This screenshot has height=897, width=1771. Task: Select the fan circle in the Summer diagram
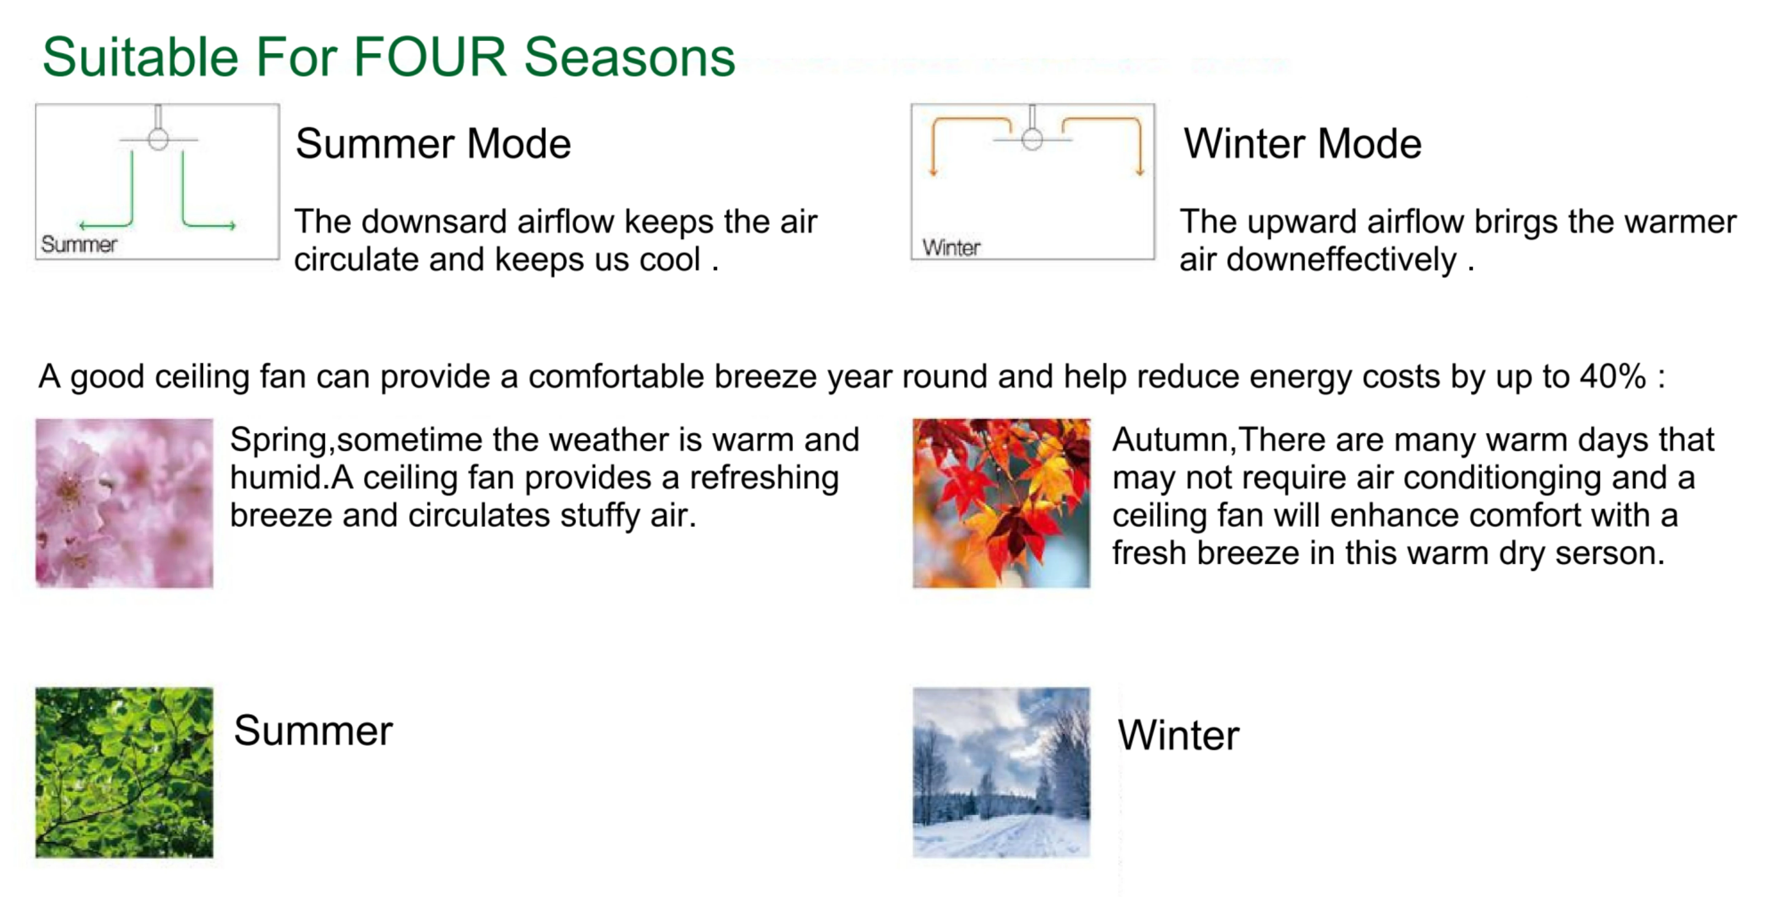[x=158, y=140]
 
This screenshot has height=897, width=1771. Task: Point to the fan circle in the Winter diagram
[x=1032, y=140]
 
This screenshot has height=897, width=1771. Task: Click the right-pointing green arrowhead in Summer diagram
[x=232, y=225]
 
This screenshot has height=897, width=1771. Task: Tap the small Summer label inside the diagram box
[x=79, y=244]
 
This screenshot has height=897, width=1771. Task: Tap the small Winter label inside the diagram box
[x=951, y=248]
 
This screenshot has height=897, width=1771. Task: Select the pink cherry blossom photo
[x=124, y=503]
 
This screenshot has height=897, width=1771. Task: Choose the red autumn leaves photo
[x=1001, y=503]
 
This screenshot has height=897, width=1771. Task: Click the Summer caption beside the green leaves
[x=313, y=731]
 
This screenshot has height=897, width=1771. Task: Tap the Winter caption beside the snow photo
[x=1178, y=735]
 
